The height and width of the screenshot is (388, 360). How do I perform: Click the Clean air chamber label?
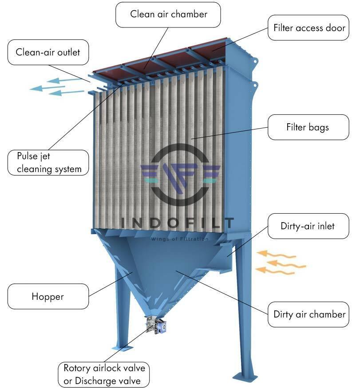pos(169,14)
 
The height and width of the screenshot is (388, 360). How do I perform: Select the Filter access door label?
pos(309,27)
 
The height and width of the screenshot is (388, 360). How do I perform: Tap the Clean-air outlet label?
pos(48,52)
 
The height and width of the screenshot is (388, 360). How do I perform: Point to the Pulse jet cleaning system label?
pos(49,162)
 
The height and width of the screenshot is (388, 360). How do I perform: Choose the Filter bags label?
pos(307,127)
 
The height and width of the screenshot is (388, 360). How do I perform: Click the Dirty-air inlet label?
pos(307,226)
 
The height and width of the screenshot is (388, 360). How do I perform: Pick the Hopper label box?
pos(47,296)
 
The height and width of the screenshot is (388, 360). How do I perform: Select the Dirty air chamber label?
pos(309,314)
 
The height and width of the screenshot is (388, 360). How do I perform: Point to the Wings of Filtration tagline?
pos(179,239)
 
